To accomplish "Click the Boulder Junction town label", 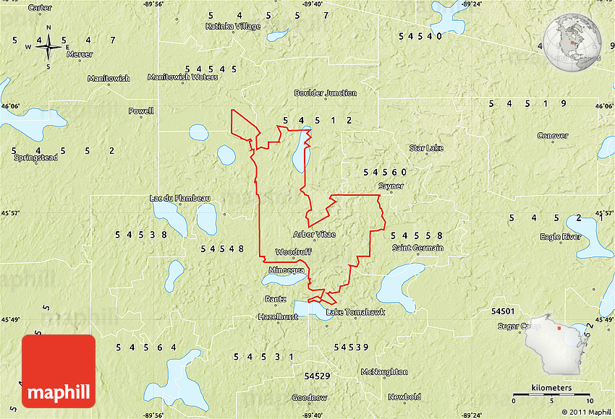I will pyautogui.click(x=325, y=92).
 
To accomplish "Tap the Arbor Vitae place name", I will pyautogui.click(x=314, y=234).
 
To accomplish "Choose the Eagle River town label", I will pyautogui.click(x=560, y=237).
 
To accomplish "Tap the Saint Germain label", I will pyautogui.click(x=417, y=248).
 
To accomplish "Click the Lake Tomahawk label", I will pyautogui.click(x=355, y=312).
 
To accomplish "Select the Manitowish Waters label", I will pyautogui.click(x=182, y=77).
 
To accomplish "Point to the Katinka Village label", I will pyautogui.click(x=232, y=26).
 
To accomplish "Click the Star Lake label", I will pyautogui.click(x=425, y=148).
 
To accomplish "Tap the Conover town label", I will pyautogui.click(x=553, y=136).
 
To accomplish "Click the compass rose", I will pyautogui.click(x=48, y=47).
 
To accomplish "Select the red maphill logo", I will pyautogui.click(x=59, y=371).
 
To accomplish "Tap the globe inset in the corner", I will pyautogui.click(x=573, y=44).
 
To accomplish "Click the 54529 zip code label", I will pyautogui.click(x=317, y=376).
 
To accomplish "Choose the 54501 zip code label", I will pyautogui.click(x=502, y=311).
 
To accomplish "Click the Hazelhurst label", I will pyautogui.click(x=278, y=316).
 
